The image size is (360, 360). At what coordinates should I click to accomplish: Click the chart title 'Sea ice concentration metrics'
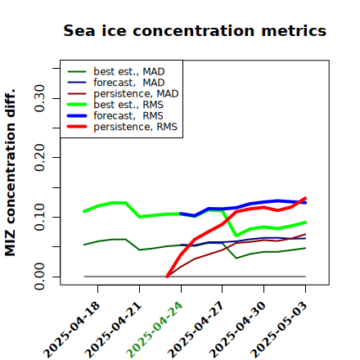point(195,31)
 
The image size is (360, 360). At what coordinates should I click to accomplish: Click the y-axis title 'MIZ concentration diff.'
point(10,173)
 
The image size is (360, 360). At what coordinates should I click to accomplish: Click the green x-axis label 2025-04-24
point(155,330)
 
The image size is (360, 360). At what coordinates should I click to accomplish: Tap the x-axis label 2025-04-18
point(72,330)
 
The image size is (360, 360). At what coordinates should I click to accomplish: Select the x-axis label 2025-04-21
point(114,330)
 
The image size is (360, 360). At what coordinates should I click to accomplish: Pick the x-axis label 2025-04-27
point(196,330)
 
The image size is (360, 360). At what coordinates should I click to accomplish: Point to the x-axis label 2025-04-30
point(237,330)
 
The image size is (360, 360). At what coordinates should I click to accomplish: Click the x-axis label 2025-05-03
point(279,330)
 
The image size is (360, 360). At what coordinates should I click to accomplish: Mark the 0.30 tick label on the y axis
point(39,98)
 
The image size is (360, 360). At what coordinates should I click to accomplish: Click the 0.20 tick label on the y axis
point(39,158)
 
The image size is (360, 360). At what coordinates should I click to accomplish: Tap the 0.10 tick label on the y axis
point(39,217)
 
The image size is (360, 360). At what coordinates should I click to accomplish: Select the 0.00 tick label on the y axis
point(39,277)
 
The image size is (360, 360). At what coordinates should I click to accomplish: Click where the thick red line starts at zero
point(167,277)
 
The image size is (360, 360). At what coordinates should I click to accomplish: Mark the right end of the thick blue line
point(305,202)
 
